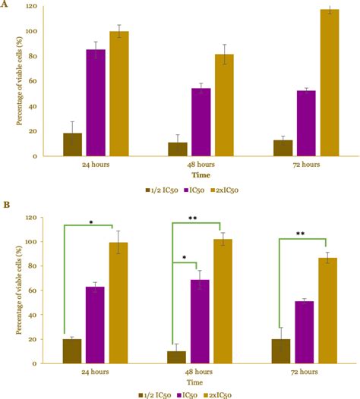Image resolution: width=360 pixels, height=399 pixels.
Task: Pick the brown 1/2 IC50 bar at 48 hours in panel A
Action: point(178,149)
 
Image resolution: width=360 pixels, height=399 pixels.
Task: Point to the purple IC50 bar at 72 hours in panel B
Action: point(305,332)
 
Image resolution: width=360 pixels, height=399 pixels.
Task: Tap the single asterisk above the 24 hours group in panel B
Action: point(90,222)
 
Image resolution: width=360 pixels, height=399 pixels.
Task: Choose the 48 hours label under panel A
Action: point(201,164)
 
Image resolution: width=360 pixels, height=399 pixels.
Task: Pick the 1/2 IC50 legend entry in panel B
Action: point(155,394)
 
